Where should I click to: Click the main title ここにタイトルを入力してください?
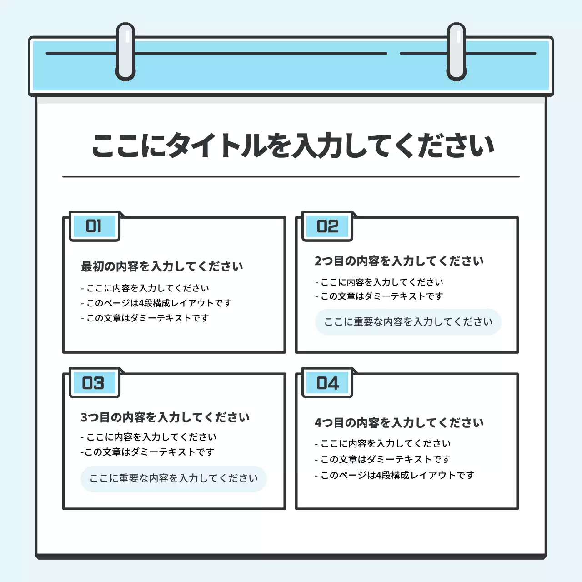click(293, 146)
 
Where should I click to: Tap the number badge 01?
click(94, 226)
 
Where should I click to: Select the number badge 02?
click(327, 226)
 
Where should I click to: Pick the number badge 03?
click(94, 383)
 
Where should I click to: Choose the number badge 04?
click(327, 383)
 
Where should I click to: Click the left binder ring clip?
click(125, 52)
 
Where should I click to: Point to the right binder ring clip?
click(457, 52)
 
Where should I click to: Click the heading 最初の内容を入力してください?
click(162, 266)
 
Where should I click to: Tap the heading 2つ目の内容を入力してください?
click(399, 261)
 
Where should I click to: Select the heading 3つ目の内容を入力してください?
click(165, 417)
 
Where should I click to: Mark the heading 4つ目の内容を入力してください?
click(399, 423)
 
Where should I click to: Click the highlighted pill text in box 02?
click(408, 322)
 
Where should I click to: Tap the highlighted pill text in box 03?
click(174, 478)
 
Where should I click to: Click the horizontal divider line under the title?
click(291, 176)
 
